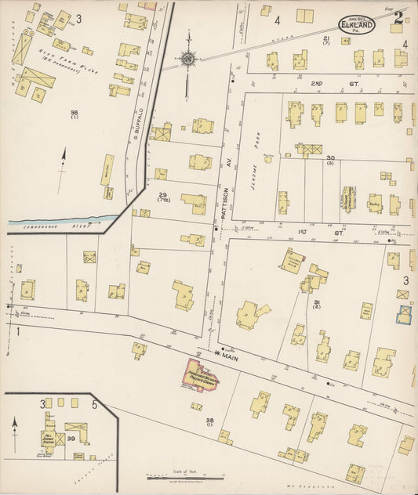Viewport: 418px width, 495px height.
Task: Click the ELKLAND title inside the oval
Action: [x=357, y=24]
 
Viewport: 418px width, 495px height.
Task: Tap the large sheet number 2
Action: [x=398, y=18]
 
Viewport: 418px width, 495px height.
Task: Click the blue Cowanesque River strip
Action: [x=63, y=221]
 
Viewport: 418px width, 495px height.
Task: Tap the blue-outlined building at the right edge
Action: [x=405, y=314]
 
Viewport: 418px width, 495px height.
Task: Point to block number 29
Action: [x=163, y=194]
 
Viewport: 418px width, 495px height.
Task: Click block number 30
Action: [x=331, y=157]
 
